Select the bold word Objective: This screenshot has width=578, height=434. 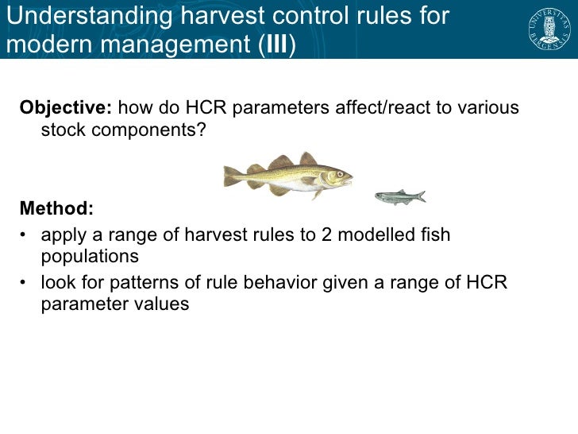(x=67, y=108)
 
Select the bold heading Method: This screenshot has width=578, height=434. (x=56, y=209)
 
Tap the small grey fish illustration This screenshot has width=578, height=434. (x=399, y=196)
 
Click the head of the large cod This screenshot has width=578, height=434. (x=337, y=176)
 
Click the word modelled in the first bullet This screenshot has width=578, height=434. (x=372, y=235)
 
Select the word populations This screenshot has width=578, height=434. (x=90, y=257)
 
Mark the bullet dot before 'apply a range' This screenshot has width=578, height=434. (x=25, y=236)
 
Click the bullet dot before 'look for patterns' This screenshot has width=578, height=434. (x=25, y=284)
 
